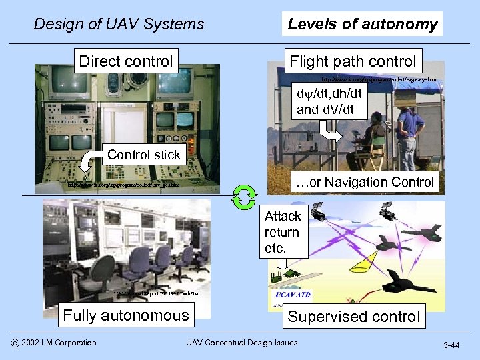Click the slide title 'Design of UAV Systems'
119,25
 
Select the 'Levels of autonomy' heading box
362,25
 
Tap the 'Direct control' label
126,62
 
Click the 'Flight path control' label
353,62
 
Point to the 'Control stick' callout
143,155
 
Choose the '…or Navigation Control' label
364,182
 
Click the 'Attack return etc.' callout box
283,232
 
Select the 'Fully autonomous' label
126,315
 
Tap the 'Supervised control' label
354,317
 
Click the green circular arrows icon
244,195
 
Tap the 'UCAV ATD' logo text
293,294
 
